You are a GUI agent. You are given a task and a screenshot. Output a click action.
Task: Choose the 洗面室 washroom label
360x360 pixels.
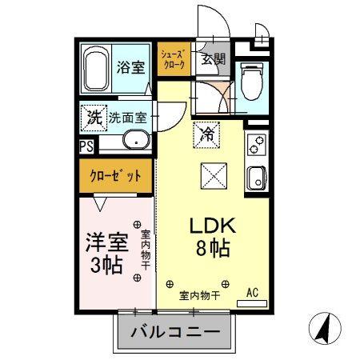[128, 117]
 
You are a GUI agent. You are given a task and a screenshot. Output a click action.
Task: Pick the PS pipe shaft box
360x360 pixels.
[86, 146]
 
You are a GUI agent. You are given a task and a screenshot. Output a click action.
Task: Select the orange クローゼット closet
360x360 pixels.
[117, 176]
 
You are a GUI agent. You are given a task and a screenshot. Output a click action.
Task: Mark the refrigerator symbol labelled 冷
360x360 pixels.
[206, 132]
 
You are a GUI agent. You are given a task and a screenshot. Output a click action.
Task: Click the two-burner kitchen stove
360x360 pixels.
[256, 146]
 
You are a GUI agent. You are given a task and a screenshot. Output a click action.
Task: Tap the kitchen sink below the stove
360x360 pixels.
[256, 177]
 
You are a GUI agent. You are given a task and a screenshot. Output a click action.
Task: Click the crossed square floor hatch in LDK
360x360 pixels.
[208, 174]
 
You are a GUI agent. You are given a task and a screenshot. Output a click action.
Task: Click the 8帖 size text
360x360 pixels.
[213, 249]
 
